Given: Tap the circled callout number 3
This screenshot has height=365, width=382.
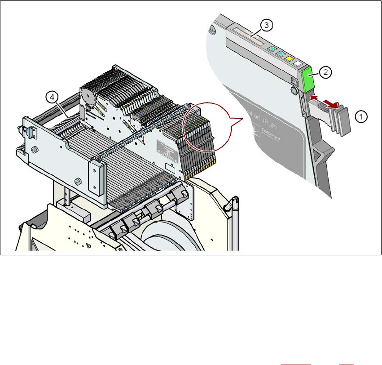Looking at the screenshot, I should (266, 26).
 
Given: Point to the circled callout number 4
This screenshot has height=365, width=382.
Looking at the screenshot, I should (52, 96).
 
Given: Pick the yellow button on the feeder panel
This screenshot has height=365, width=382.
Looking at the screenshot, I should (290, 59).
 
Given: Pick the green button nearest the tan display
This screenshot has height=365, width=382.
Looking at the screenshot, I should (271, 48).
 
